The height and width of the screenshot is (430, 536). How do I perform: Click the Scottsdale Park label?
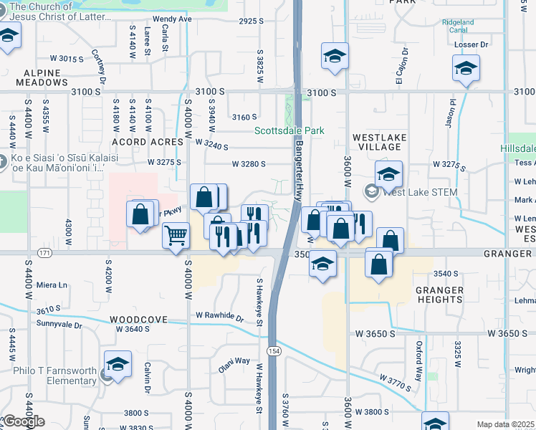tap(289, 130)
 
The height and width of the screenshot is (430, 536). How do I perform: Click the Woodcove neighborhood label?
tap(138, 320)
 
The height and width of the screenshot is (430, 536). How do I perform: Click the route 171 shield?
tap(44, 254)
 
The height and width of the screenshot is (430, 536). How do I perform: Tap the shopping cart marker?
tap(176, 234)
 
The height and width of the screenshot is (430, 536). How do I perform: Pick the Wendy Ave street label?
tap(172, 19)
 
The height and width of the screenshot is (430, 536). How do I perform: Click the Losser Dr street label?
tap(471, 44)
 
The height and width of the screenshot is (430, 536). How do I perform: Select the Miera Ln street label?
tap(52, 285)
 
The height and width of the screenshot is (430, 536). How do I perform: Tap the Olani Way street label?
tap(234, 365)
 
